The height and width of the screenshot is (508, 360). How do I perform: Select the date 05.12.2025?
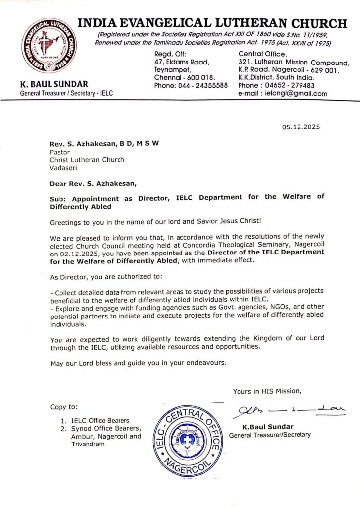[301, 127]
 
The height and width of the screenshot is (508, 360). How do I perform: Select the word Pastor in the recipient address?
[60, 151]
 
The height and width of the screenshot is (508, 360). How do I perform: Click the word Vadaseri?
[62, 168]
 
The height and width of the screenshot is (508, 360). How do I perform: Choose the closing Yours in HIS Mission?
[266, 391]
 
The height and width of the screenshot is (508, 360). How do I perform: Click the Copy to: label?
[64, 407]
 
